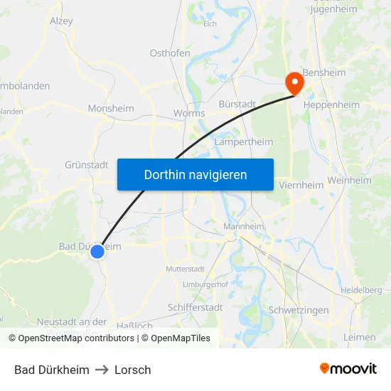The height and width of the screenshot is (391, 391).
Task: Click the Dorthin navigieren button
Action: tap(195, 174)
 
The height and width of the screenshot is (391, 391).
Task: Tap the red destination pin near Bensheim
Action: tap(294, 84)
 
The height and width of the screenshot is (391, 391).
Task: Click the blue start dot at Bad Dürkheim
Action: tap(98, 251)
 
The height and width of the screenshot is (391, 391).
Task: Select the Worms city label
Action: tap(189, 113)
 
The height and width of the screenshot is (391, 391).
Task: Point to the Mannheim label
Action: tap(244, 227)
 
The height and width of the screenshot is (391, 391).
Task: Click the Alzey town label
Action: tap(61, 21)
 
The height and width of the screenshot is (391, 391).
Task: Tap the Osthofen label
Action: tap(170, 53)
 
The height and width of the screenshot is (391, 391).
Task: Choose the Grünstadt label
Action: tap(87, 164)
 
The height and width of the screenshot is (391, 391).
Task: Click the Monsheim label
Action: tap(110, 109)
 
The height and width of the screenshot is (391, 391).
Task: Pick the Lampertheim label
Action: tap(244, 141)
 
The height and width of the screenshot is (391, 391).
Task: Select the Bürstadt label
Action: tap(237, 104)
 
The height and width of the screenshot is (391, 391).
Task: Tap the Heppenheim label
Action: tap(331, 105)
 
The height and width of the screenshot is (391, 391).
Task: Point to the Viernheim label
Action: tap(301, 185)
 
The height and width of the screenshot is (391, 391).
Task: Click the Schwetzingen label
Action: tap(299, 311)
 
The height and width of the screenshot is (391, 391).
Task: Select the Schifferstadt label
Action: tap(195, 307)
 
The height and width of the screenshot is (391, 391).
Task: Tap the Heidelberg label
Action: tap(362, 290)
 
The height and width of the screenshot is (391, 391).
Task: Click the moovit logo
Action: tap(348, 369)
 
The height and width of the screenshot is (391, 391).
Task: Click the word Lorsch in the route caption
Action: tap(133, 370)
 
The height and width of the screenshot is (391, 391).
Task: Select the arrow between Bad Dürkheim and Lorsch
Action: tap(102, 370)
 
